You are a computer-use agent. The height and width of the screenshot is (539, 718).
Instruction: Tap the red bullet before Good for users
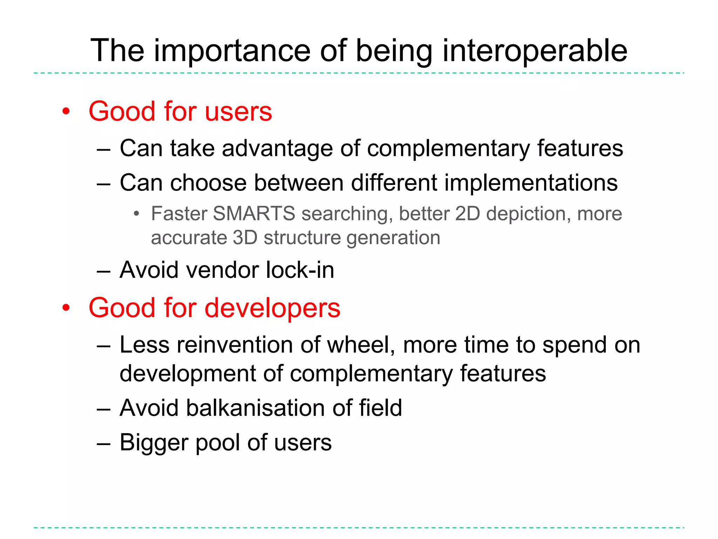coord(66,112)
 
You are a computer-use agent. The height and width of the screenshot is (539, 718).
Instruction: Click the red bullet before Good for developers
coord(66,308)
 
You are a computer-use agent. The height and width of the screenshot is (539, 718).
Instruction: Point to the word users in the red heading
coord(238,112)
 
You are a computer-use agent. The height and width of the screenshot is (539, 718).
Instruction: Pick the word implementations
coord(531,183)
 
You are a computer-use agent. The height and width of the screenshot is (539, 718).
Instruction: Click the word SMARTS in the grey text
coord(254,213)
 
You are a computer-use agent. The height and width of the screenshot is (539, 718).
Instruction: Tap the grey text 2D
coord(467,213)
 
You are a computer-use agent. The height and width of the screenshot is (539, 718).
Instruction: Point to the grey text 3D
coord(245,238)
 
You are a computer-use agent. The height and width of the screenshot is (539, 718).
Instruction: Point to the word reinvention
coord(235,345)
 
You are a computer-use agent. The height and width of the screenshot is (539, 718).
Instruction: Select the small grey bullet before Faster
coord(136,214)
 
